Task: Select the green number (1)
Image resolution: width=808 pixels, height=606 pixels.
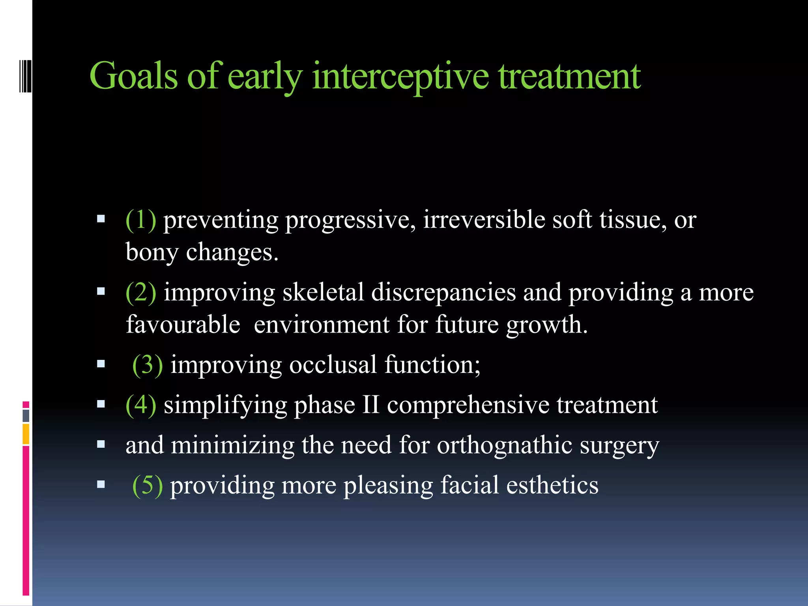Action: coord(140,220)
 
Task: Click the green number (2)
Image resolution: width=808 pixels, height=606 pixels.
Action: coord(140,292)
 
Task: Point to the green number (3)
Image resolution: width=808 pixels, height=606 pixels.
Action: coord(147,365)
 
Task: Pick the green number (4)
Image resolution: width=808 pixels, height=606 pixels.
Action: coord(140,405)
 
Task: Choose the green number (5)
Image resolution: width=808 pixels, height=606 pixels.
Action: coord(147,485)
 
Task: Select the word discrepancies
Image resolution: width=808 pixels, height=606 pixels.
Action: coord(443,292)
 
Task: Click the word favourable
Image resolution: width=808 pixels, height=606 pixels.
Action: coord(183,325)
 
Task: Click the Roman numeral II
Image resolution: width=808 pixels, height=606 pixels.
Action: coord(370,405)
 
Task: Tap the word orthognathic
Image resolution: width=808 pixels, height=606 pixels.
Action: coord(505,445)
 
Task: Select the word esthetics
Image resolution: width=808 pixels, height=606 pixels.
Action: coord(552,485)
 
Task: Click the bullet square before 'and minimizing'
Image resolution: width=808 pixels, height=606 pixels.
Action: coord(101,445)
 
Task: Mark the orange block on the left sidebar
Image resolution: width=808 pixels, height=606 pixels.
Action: coord(26,434)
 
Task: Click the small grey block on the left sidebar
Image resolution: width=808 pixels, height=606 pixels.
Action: coord(26,415)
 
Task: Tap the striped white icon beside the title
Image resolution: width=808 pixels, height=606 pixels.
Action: coord(25,75)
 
